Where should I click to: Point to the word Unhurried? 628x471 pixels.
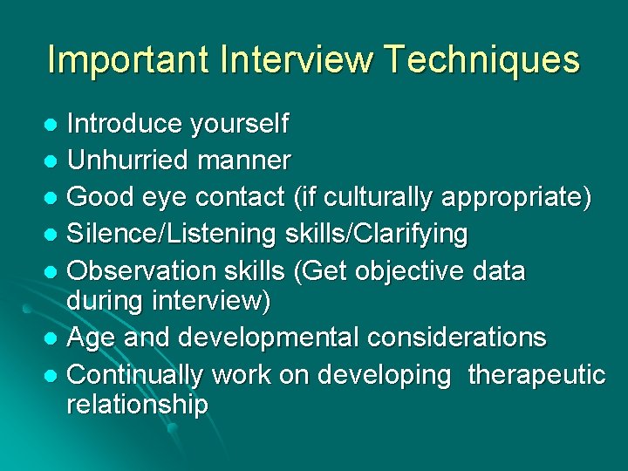127,160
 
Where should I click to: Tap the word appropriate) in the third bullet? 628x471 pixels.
517,197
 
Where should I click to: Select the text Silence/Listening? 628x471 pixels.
170,234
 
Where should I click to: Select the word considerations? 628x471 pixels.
464,337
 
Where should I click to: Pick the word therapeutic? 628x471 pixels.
536,374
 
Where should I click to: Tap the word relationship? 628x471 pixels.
137,405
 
